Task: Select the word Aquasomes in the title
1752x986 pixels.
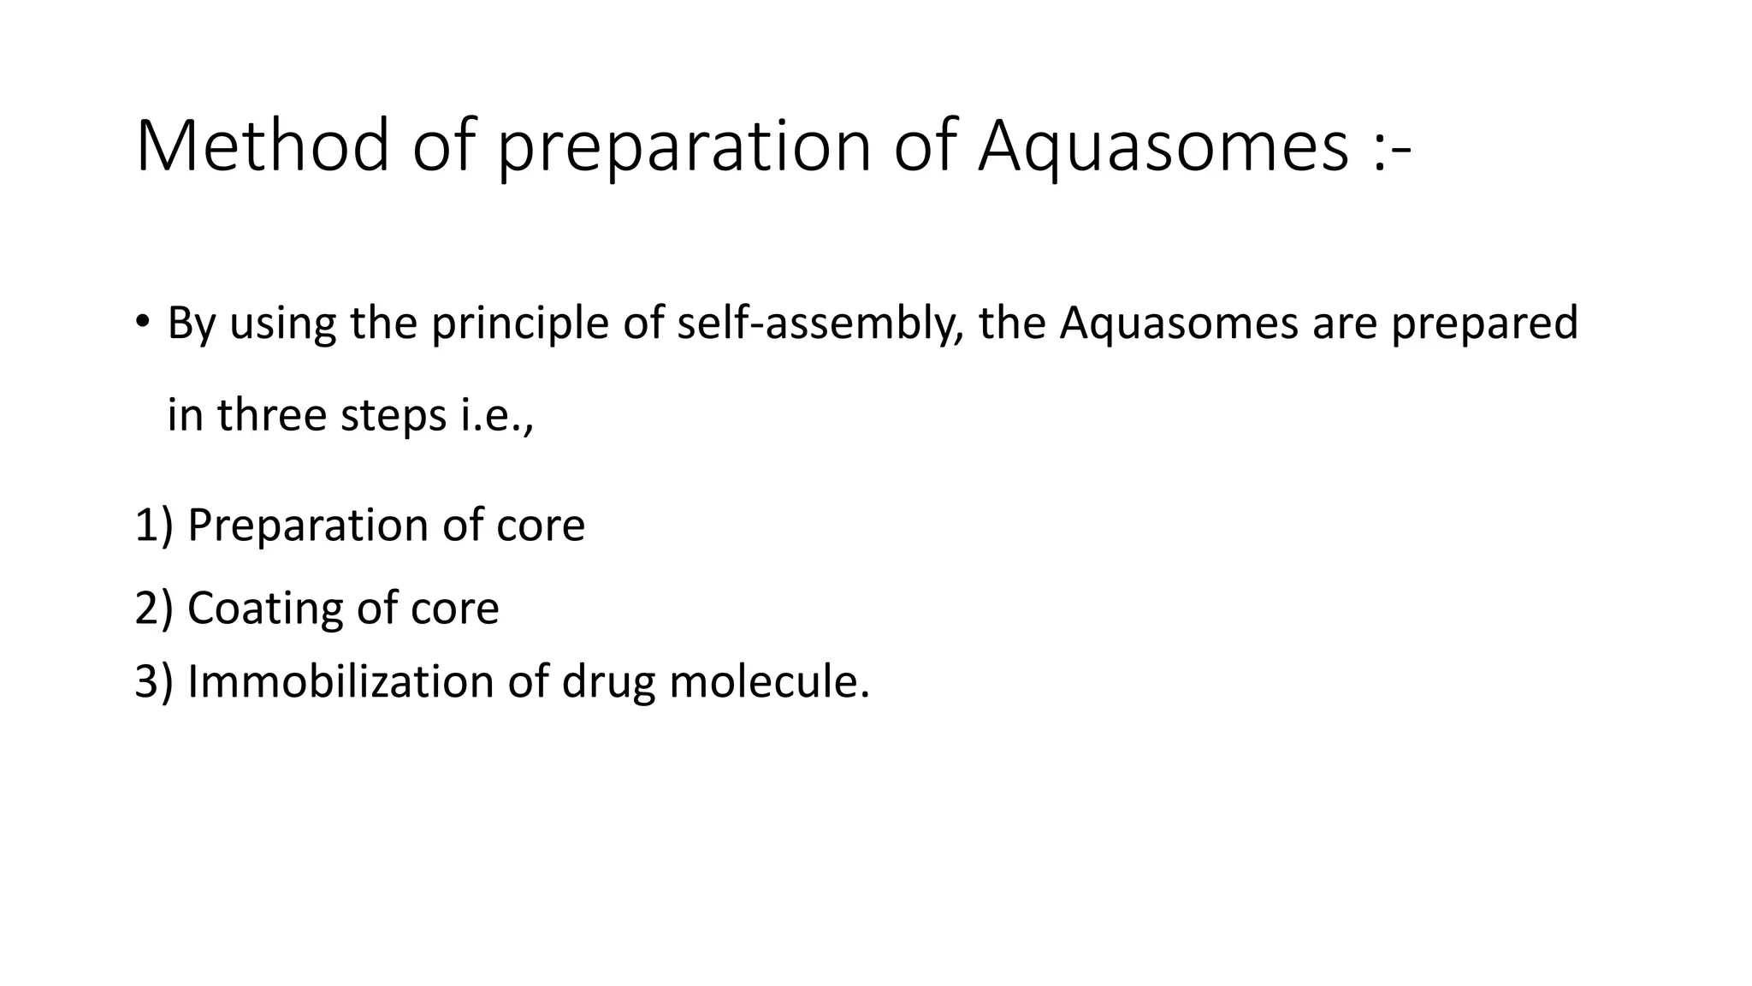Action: [1163, 146]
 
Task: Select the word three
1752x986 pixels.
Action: [272, 415]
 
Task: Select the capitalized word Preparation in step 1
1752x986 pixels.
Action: [308, 525]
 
